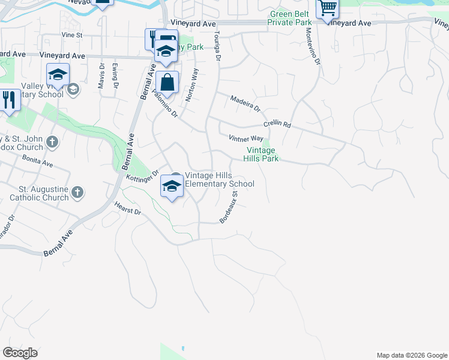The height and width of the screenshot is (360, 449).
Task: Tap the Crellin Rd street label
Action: [277, 124]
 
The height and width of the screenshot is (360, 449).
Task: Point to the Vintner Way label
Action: [246, 139]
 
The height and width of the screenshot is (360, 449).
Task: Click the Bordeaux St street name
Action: [229, 208]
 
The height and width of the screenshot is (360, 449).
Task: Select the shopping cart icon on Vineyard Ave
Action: [327, 9]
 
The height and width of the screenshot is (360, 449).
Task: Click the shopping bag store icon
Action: [167, 83]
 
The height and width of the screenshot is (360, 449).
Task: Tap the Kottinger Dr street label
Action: [142, 175]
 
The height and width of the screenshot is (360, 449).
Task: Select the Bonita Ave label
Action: [37, 160]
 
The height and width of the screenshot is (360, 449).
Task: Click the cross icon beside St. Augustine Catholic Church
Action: [77, 193]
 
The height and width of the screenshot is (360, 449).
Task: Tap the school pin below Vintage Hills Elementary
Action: [171, 188]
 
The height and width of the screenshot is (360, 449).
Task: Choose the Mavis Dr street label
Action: [101, 76]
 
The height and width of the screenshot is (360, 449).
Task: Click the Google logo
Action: [20, 353]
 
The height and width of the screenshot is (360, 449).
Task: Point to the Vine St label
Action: [71, 35]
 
